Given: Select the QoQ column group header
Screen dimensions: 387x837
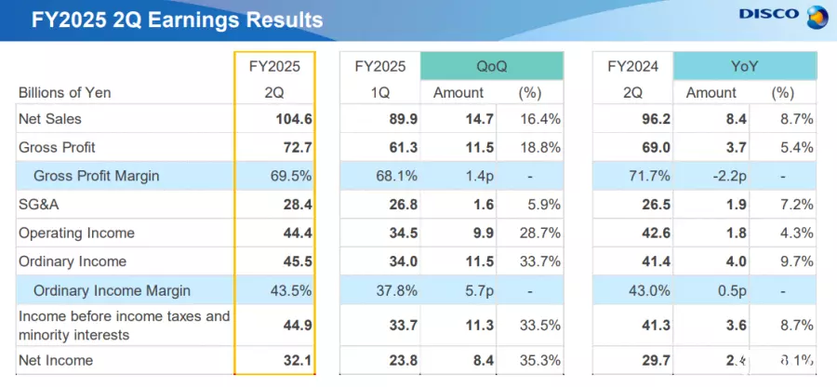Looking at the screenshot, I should pos(491,66).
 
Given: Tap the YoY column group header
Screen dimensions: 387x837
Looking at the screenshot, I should pos(744,66).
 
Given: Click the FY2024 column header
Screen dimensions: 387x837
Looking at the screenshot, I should pos(633,66).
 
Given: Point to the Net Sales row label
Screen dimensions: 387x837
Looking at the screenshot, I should pos(50,119).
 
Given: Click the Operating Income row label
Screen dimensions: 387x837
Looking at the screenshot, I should pos(76,233).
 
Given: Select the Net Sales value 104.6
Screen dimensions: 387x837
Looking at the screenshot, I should pos(294,119).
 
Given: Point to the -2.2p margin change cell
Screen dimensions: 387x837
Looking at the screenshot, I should pos(713,176).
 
